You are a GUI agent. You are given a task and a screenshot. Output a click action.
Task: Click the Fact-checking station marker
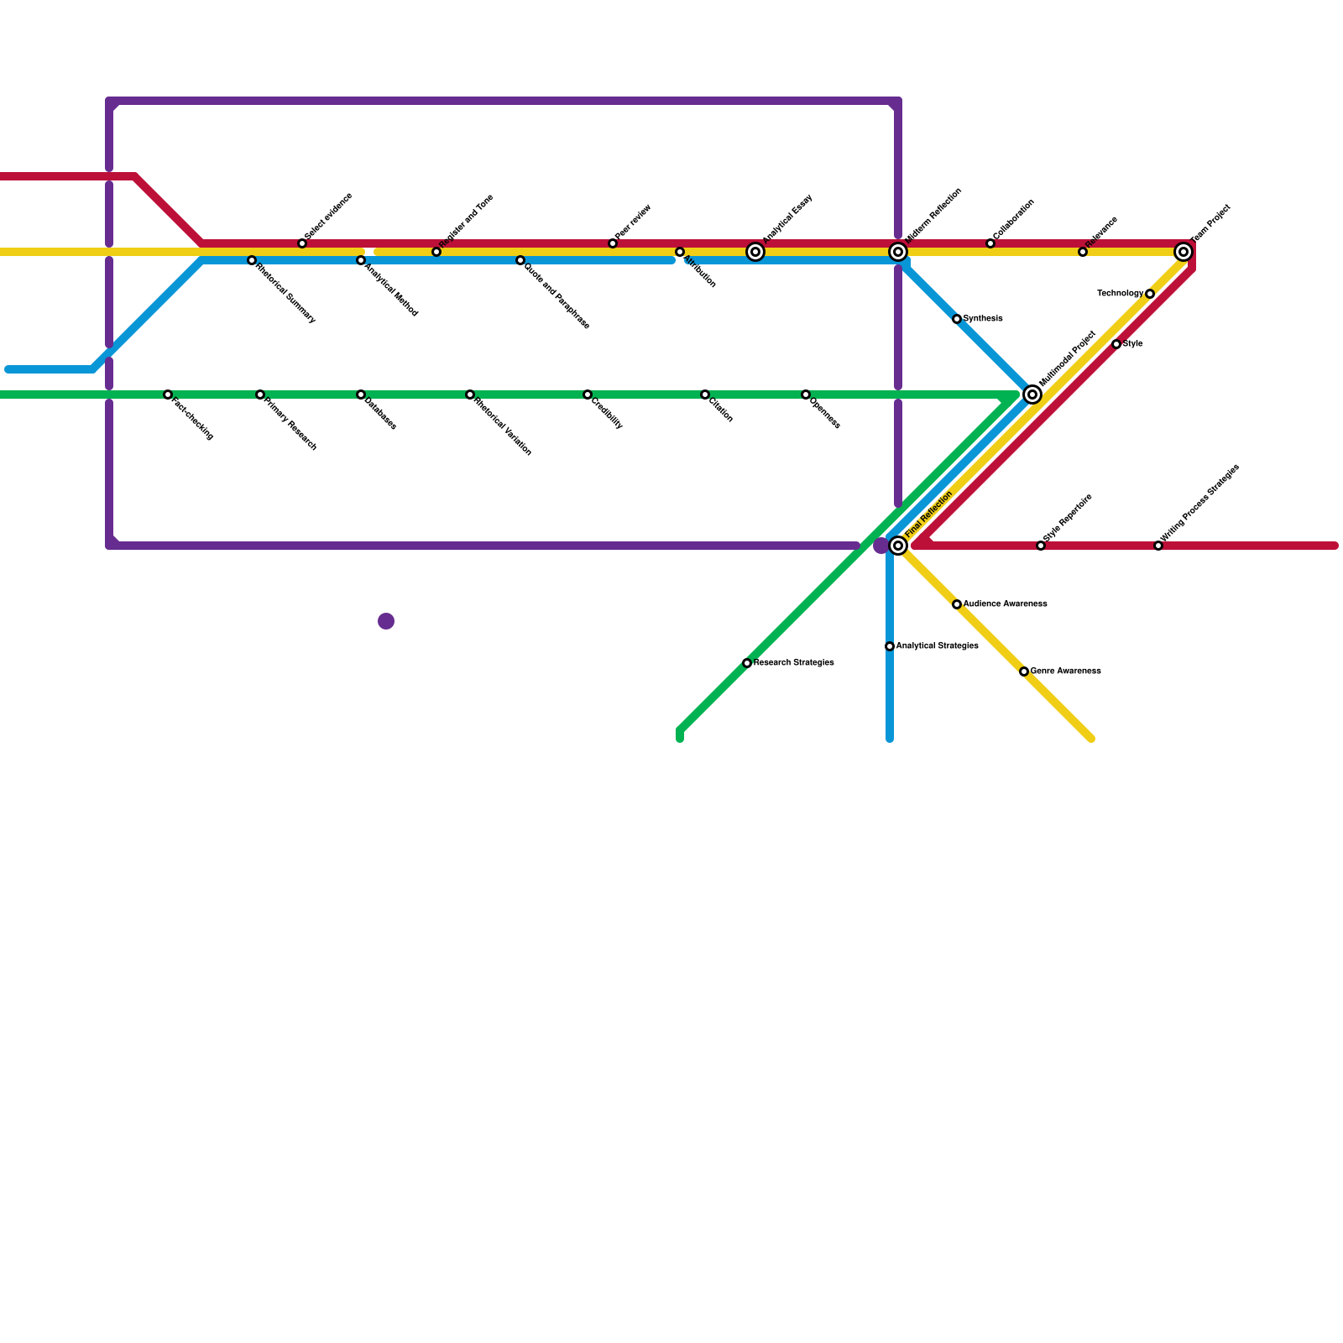click(x=168, y=395)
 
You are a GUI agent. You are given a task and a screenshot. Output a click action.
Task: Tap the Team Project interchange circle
click(x=1184, y=252)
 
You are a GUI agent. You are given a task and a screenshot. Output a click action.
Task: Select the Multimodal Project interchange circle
click(x=1032, y=395)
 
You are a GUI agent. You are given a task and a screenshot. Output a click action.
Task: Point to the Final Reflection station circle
click(x=898, y=546)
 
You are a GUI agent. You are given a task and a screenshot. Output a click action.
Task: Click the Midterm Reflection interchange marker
click(x=898, y=252)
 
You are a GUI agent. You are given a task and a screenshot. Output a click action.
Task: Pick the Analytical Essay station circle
click(x=755, y=252)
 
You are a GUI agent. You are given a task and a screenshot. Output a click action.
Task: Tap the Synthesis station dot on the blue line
click(x=957, y=319)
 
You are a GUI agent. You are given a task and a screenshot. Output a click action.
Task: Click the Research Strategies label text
click(x=793, y=663)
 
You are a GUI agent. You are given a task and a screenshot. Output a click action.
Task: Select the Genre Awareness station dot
click(x=1024, y=671)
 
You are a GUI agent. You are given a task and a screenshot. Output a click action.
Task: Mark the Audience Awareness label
click(x=1005, y=604)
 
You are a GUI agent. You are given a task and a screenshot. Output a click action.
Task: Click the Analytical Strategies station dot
click(x=890, y=646)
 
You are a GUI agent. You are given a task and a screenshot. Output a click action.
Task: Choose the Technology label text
click(x=1120, y=294)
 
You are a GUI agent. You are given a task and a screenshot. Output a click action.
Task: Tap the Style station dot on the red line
click(x=1116, y=344)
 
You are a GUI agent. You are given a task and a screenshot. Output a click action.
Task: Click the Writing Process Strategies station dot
click(x=1158, y=546)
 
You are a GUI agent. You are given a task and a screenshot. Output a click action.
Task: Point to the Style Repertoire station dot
click(x=1041, y=546)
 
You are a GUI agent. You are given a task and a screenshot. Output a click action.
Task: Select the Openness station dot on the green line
click(x=806, y=395)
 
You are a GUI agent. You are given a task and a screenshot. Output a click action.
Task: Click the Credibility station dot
click(x=588, y=395)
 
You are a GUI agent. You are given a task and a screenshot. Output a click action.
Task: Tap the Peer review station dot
click(x=613, y=243)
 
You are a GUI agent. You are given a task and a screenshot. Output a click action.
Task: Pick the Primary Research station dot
click(x=260, y=395)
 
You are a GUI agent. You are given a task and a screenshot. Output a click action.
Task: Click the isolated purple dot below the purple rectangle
click(x=386, y=621)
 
